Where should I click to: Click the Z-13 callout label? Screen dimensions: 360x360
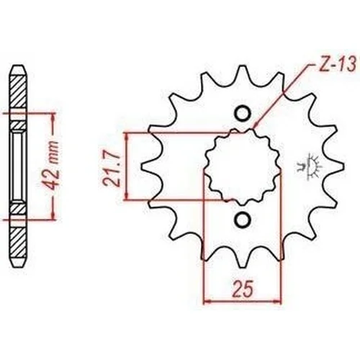click(x=337, y=64)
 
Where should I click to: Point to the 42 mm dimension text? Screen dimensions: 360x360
click(x=51, y=166)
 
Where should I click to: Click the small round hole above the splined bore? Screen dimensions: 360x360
click(x=243, y=113)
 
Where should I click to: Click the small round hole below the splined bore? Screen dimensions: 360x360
click(x=243, y=220)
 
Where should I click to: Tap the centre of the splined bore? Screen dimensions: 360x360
click(x=243, y=166)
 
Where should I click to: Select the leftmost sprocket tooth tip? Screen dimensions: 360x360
click(x=141, y=166)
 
